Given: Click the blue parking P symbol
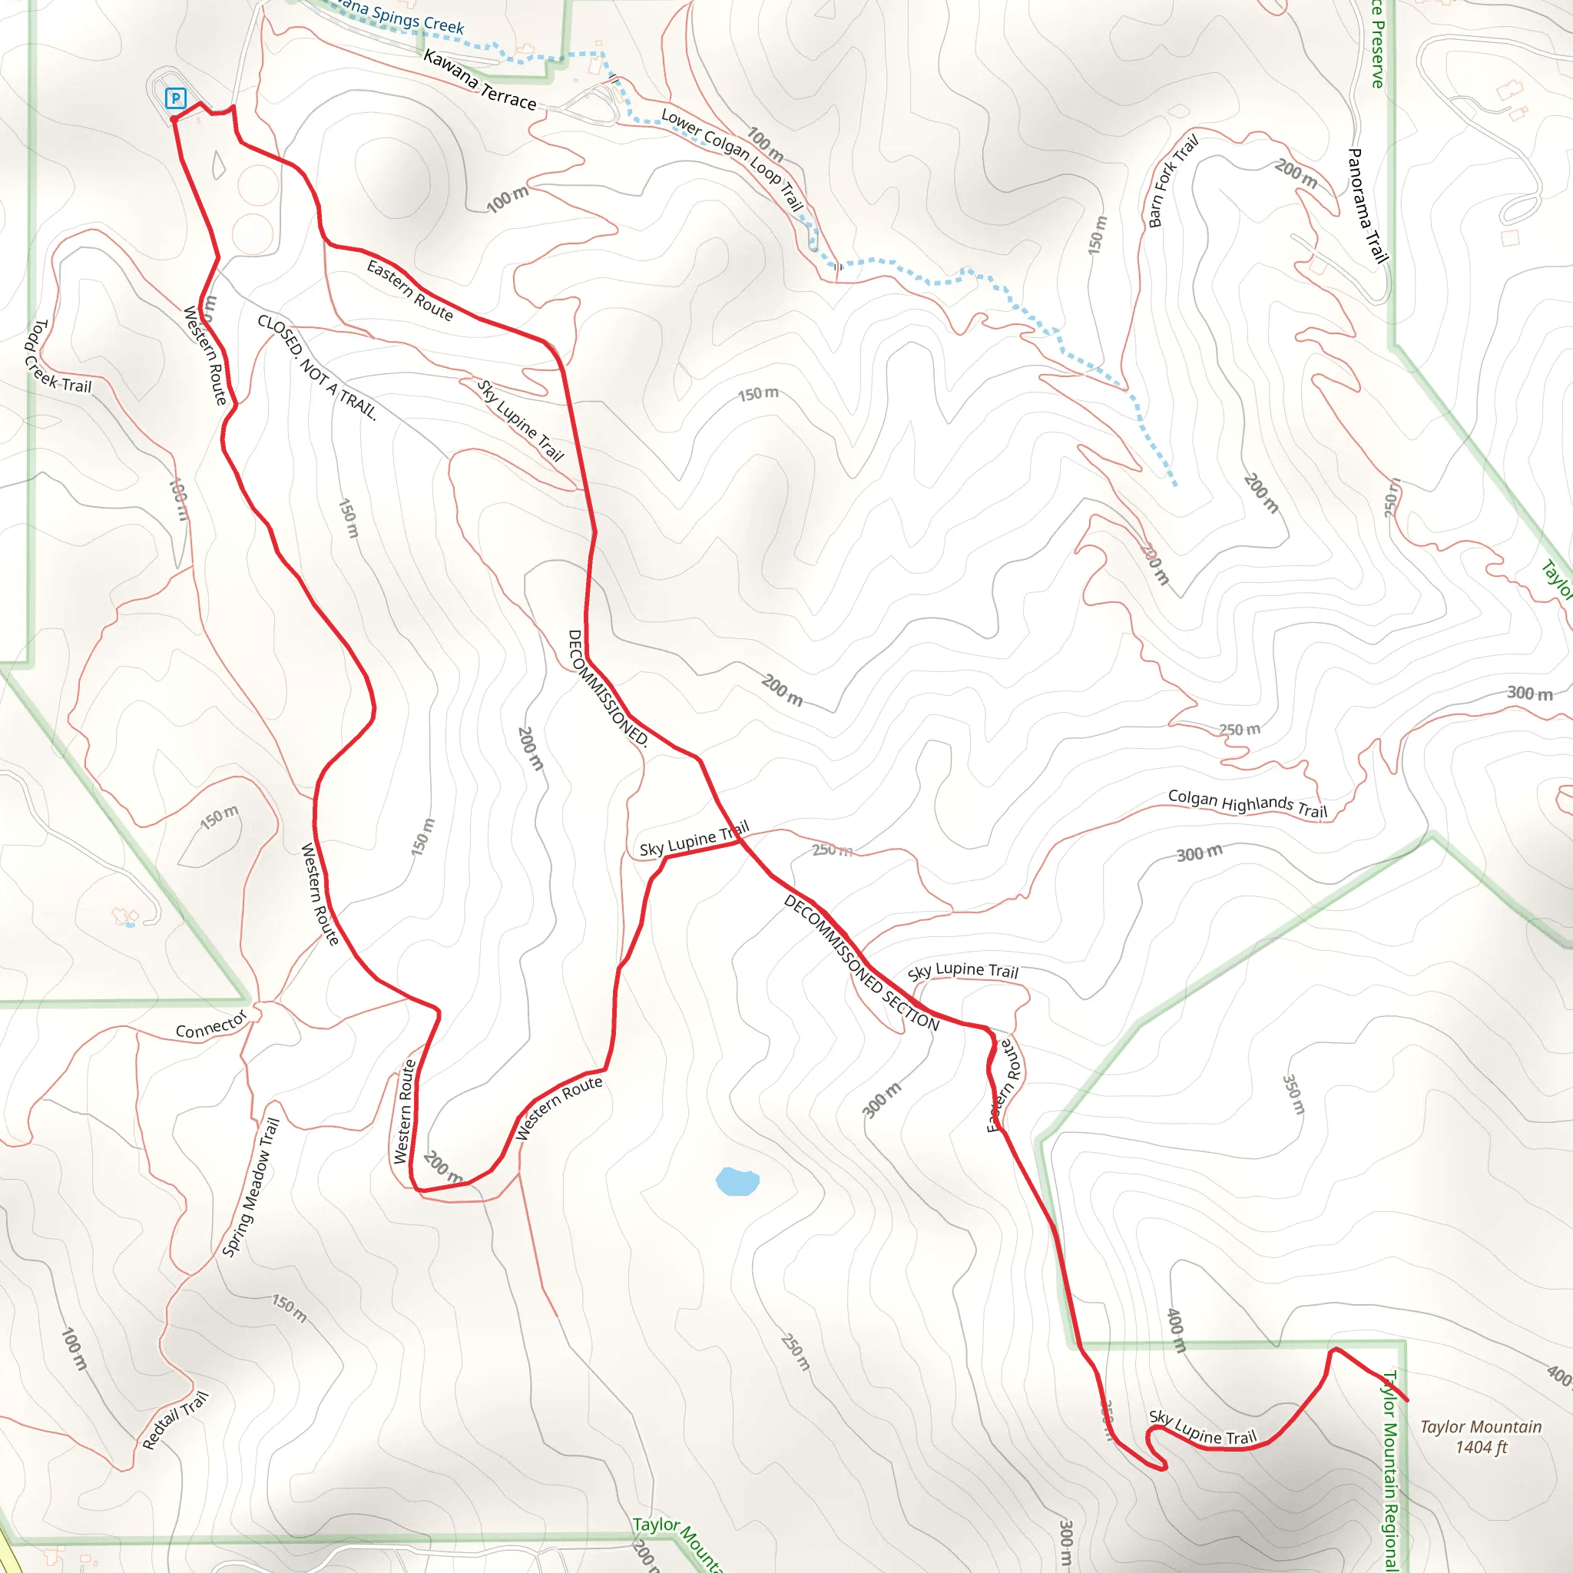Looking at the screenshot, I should click(x=175, y=98).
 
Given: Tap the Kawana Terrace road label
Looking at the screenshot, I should click(x=479, y=81).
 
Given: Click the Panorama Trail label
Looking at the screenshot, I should click(x=1368, y=205).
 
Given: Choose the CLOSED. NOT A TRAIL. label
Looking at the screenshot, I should click(x=317, y=367).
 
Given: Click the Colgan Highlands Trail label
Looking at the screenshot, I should click(x=1247, y=803).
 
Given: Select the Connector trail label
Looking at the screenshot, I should click(x=211, y=1025).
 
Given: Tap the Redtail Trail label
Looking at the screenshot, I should click(x=175, y=1421).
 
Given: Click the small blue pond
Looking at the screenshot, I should click(x=737, y=1181).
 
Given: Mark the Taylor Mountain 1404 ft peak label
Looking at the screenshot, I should click(x=1481, y=1437).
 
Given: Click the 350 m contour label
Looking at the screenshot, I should click(x=1293, y=1094).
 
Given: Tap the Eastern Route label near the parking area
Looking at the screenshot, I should click(x=409, y=290).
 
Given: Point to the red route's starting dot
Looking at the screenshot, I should click(x=174, y=120).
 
